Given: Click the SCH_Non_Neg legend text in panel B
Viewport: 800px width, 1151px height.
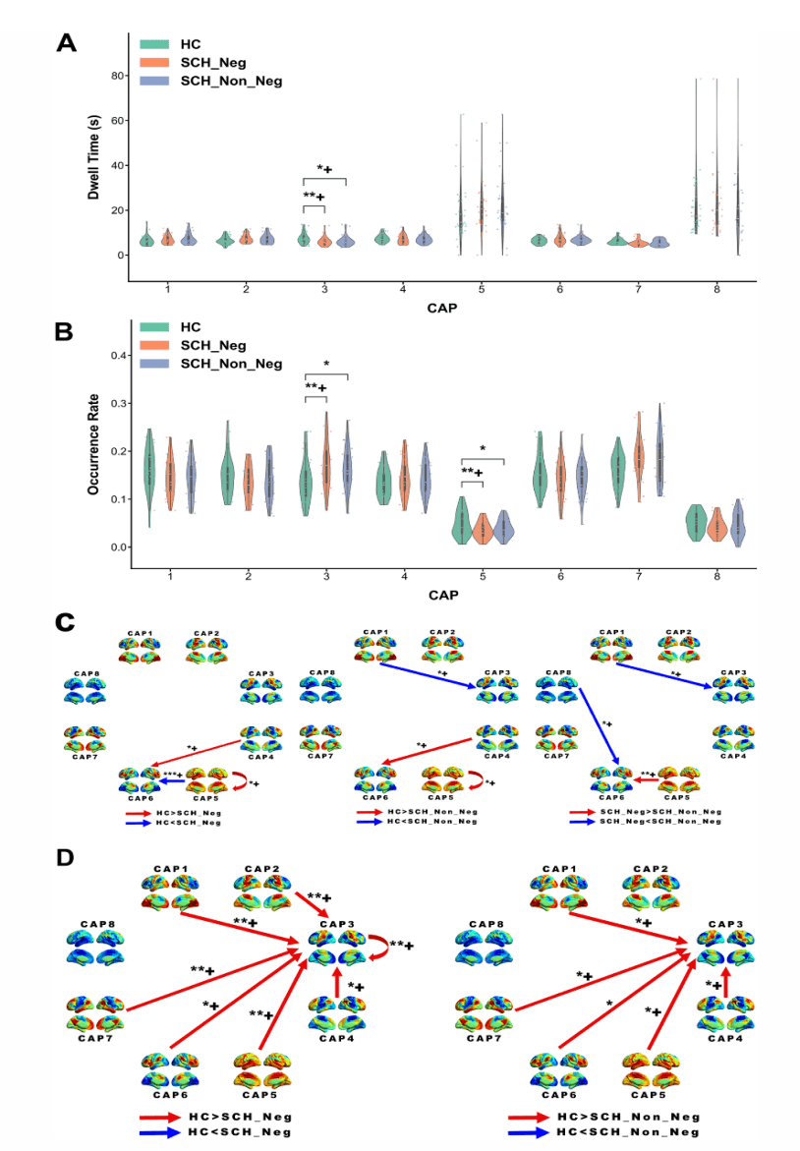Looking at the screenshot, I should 230,364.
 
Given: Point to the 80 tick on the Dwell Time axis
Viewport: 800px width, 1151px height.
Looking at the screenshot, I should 115,76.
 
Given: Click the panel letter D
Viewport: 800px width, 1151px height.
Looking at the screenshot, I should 65,857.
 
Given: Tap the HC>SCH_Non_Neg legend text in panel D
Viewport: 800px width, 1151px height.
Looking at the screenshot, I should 628,1117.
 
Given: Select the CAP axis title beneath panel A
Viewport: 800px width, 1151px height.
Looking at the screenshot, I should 441,308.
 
